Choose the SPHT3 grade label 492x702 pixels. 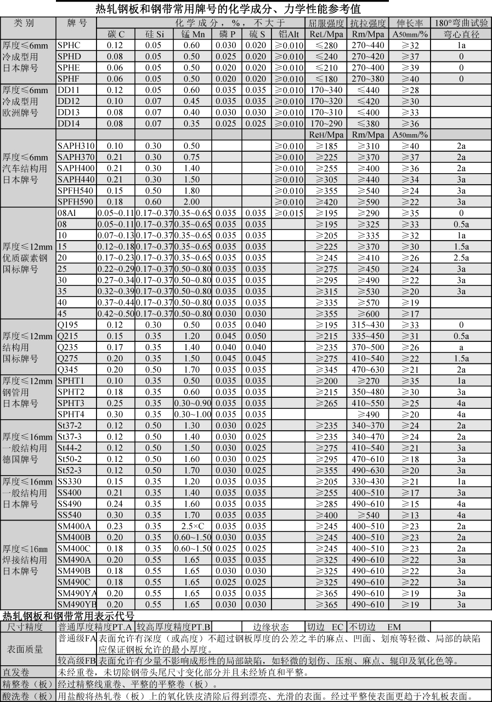71,403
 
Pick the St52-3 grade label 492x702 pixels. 70,470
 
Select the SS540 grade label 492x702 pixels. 69,515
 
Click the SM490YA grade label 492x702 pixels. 76,593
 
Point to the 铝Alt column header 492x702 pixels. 288,34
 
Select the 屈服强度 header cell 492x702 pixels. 326,23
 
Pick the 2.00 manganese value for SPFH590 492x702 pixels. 192,202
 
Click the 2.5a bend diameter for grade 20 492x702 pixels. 461,258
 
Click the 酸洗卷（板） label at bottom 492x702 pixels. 27,696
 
